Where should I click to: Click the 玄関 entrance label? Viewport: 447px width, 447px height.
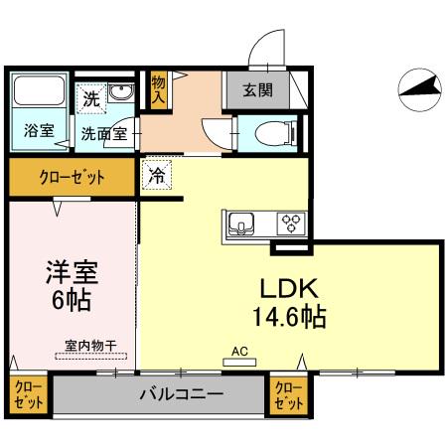261,89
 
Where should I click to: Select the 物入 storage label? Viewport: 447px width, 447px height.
158,88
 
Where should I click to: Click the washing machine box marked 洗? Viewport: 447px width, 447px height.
91,98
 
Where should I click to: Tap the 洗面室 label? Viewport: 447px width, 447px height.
103,133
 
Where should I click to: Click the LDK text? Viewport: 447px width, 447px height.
288,288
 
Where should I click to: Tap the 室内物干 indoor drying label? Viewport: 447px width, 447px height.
90,345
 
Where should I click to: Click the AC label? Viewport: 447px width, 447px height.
239,351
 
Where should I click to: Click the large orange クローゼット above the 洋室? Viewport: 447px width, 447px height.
72,179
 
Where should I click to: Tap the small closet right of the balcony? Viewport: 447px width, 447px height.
287,395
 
